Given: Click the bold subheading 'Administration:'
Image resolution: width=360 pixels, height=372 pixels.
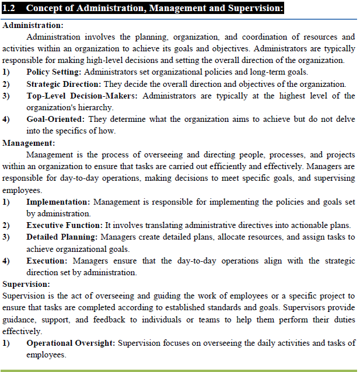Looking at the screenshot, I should [x=33, y=26].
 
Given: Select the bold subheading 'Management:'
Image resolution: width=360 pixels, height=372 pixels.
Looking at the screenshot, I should [x=29, y=143].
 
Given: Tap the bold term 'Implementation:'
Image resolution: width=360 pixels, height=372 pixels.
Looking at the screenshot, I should [x=58, y=202].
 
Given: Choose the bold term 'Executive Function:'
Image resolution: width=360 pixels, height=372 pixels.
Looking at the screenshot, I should [x=64, y=225].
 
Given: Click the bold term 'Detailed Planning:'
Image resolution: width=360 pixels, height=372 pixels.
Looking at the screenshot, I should [x=62, y=237].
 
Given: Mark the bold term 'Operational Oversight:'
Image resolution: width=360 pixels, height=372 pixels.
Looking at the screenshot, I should [x=71, y=343].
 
